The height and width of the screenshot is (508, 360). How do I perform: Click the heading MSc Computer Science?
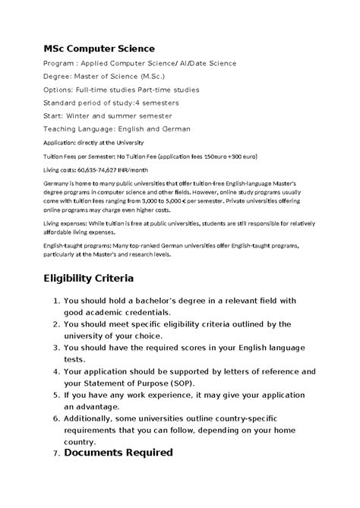coord(99,49)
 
